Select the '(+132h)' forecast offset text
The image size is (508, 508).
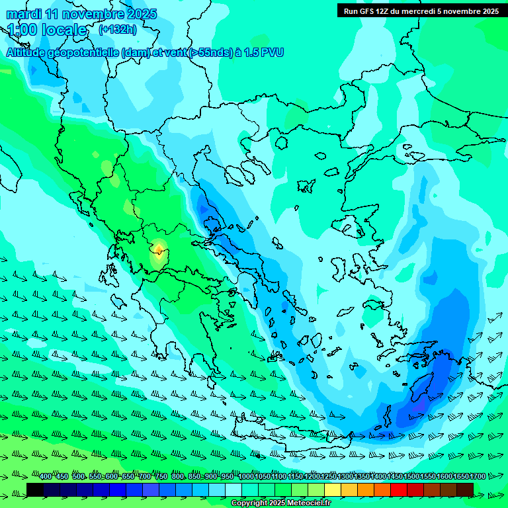pos(118,29)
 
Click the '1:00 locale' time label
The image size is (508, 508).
pos(47,30)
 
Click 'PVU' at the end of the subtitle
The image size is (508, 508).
pos(271,52)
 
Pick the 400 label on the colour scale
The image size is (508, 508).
pos(46,476)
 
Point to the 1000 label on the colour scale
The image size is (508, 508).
pos(246,476)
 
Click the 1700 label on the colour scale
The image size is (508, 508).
pos(478,476)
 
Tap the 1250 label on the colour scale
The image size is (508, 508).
pos(329,476)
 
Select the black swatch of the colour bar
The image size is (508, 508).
pos(35,489)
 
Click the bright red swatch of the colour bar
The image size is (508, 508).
pos(399,489)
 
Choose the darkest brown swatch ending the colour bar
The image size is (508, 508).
pos(465,489)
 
